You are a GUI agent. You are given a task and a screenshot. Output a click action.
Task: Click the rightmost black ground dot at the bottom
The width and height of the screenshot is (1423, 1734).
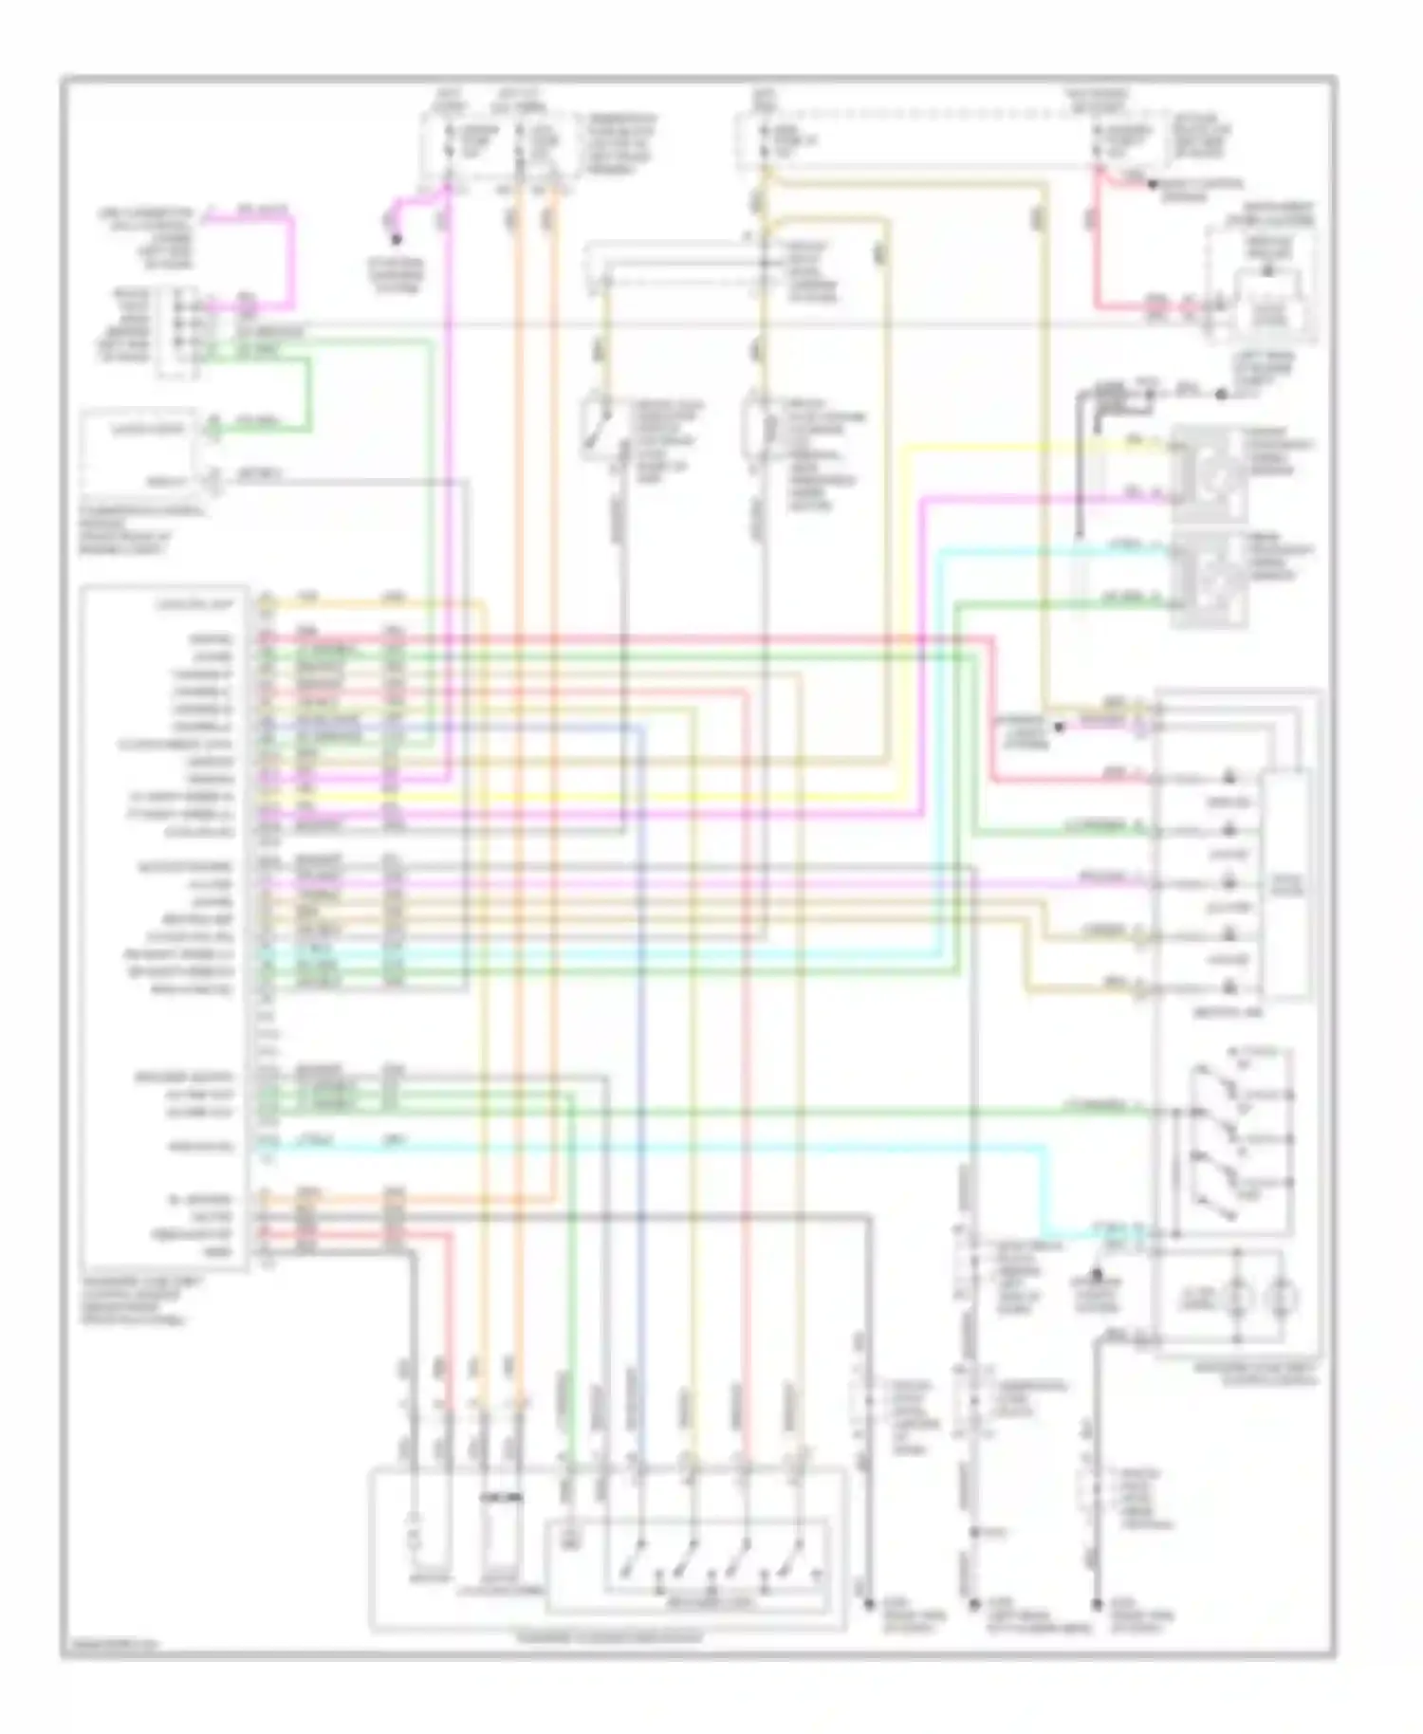pyautogui.click(x=1097, y=1605)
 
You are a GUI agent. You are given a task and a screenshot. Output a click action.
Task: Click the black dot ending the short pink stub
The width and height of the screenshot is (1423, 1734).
pyautogui.click(x=397, y=240)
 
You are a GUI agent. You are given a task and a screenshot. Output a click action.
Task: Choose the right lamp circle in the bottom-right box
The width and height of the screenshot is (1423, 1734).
pyautogui.click(x=1284, y=1299)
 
